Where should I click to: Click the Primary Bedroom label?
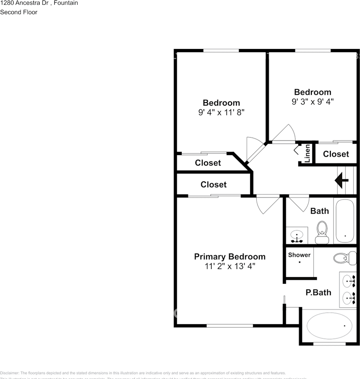(229, 257)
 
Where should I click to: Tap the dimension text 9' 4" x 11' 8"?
(221, 113)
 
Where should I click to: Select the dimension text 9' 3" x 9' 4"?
(312, 101)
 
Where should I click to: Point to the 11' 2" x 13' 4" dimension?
(229, 266)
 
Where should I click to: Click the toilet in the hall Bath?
(322, 233)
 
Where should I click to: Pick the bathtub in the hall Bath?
(345, 221)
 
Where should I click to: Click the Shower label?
(299, 255)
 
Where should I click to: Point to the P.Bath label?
(319, 293)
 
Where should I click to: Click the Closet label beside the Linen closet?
(336, 154)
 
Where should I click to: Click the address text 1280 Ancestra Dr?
(25, 3)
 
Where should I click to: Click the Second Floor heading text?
(19, 12)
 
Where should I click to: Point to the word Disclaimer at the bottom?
(9, 373)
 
